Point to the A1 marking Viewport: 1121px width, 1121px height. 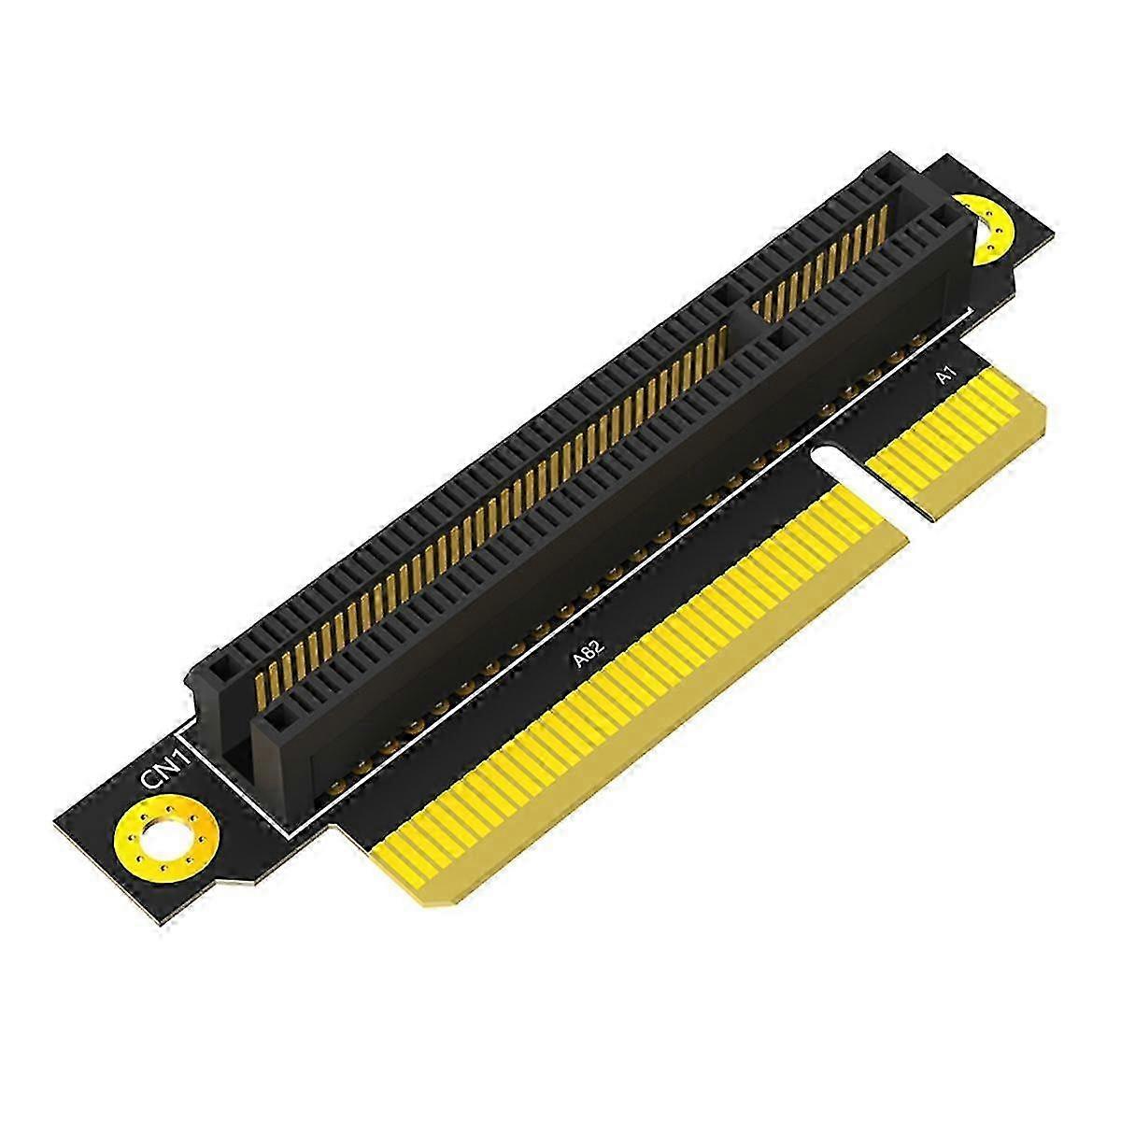point(946,376)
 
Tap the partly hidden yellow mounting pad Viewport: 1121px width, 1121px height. point(986,227)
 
